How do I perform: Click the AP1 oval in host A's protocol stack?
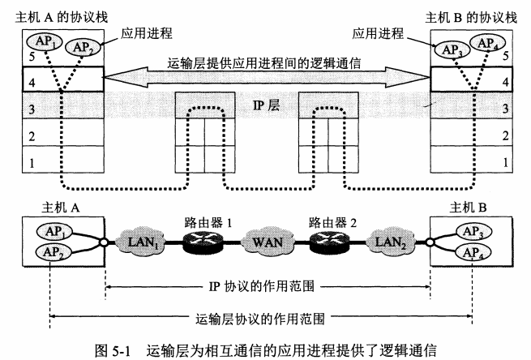pos(42,41)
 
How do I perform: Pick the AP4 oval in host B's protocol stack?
pos(486,41)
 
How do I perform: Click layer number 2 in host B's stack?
pos(505,135)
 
